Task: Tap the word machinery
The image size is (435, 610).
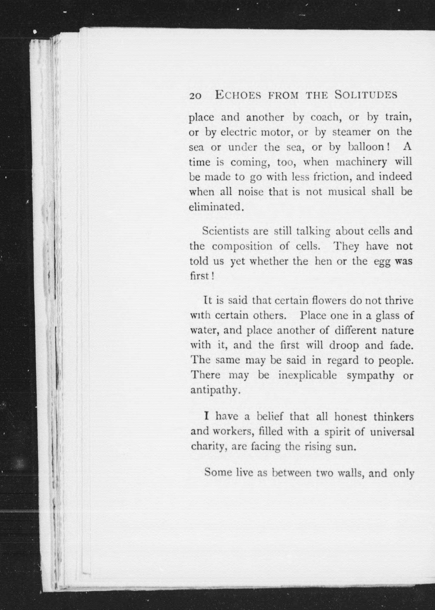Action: (x=361, y=162)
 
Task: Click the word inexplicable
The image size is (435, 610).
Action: (x=307, y=375)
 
